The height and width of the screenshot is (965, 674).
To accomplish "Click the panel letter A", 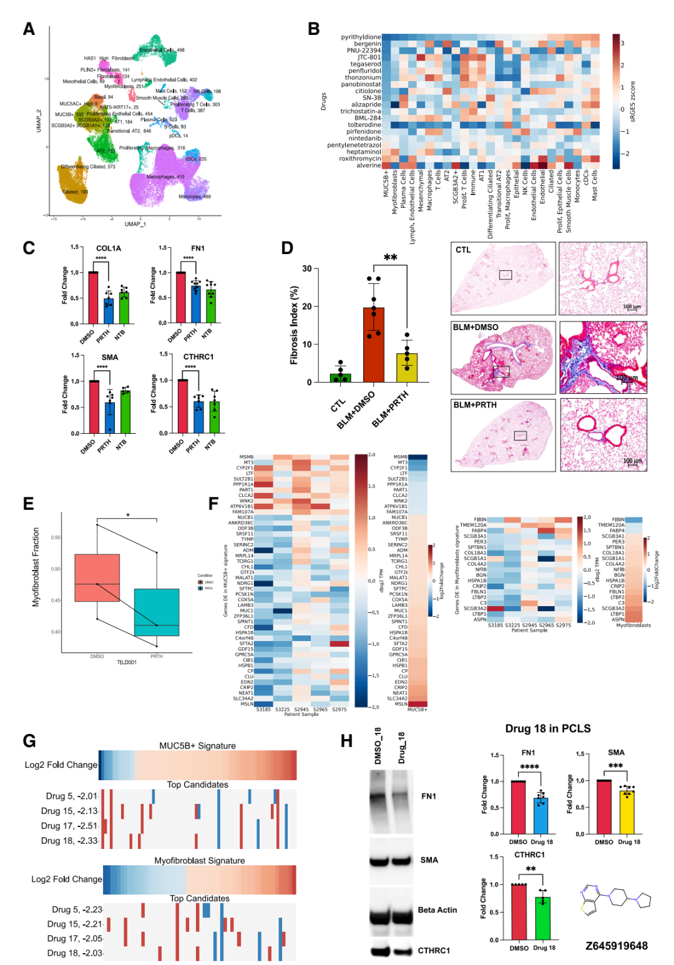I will click(x=29, y=29).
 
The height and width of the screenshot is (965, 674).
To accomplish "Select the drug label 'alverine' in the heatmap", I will click(x=368, y=165).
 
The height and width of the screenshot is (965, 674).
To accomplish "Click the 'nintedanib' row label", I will click(x=364, y=139).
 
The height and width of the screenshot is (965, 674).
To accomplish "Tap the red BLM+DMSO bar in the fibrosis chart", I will click(x=373, y=345).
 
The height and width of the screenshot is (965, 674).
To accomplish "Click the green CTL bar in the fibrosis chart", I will click(x=340, y=378).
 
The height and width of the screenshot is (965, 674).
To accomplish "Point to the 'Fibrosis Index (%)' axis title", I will click(x=295, y=325).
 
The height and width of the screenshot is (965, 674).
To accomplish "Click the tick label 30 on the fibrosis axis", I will click(x=307, y=269).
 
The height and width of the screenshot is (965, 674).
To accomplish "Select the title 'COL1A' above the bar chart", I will click(x=109, y=248).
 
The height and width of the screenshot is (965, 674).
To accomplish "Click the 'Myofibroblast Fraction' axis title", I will click(x=36, y=567).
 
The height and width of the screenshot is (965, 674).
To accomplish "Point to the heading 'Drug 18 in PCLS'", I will click(x=547, y=729).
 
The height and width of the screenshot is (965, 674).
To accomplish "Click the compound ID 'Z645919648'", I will click(x=616, y=946).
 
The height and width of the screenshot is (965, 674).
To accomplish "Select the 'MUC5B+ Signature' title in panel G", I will click(x=197, y=746).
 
